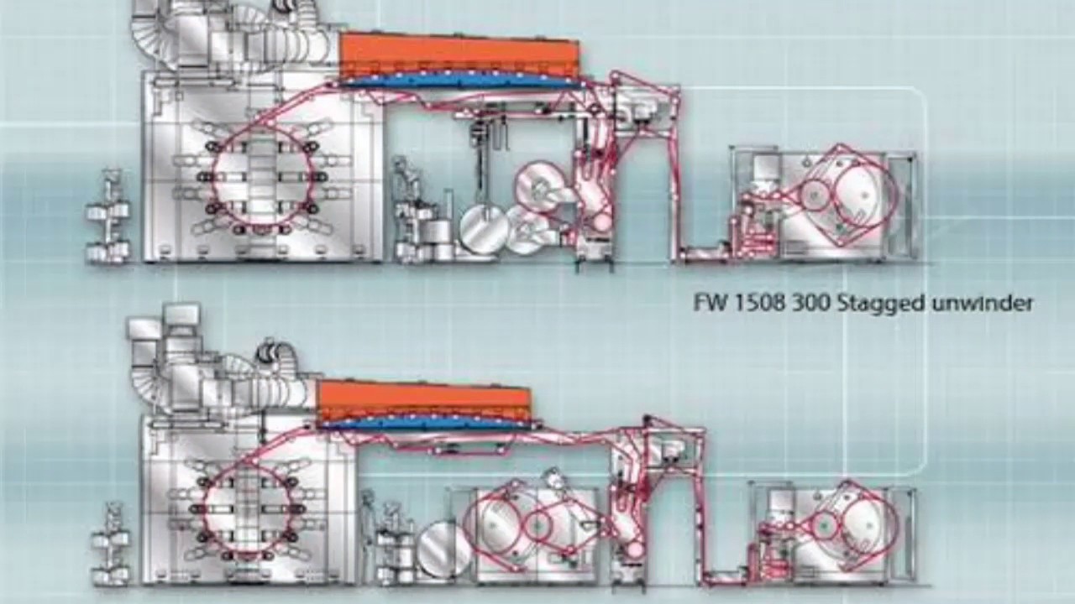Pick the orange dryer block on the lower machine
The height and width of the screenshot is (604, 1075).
point(424,401)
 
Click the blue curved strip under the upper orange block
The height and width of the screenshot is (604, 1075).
point(459,81)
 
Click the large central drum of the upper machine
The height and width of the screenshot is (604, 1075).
point(263,176)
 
